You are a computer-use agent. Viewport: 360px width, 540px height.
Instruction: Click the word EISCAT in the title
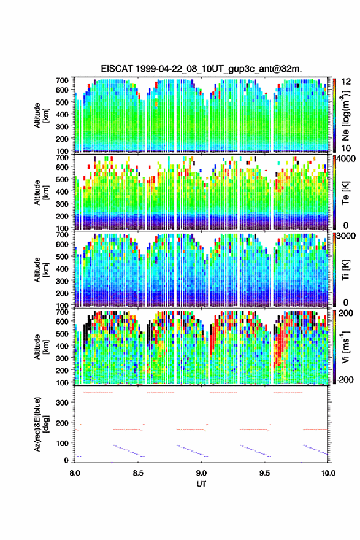coord(117,69)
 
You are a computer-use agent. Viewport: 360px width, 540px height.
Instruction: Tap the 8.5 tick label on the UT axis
coord(137,473)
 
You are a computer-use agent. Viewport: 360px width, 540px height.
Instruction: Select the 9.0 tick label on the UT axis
coord(201,473)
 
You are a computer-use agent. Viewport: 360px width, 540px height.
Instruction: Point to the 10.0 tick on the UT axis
coord(328,473)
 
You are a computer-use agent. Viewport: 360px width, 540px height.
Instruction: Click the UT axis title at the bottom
coord(201,484)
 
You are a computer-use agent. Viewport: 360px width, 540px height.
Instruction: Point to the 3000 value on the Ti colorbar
coord(345,236)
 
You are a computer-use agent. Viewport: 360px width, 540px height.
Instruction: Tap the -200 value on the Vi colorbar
coord(343,379)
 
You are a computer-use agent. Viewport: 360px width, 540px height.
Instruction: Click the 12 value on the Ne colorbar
coord(346,82)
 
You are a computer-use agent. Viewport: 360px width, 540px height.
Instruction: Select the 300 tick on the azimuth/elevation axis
coord(62,403)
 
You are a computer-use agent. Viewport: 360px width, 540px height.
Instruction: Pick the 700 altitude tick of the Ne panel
coord(62,80)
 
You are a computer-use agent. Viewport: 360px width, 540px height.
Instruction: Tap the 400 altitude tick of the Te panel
coord(62,191)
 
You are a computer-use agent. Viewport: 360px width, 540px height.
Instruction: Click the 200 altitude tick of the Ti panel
coord(62,293)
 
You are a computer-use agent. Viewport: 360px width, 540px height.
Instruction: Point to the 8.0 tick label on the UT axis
coord(74,473)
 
